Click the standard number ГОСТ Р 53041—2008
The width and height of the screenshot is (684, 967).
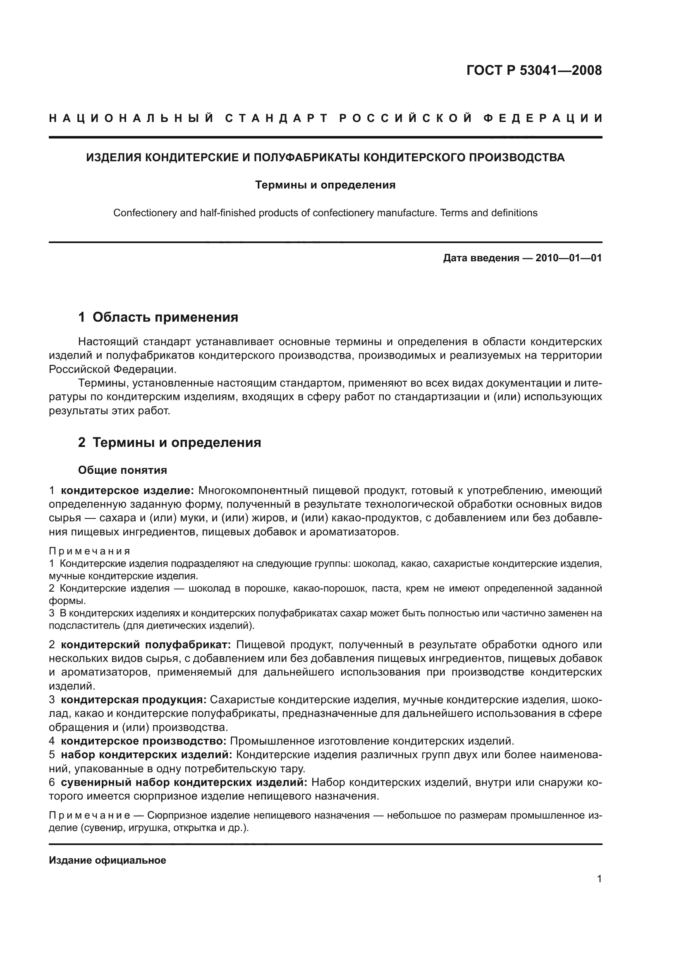(x=534, y=70)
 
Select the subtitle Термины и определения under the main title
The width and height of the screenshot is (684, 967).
(x=325, y=185)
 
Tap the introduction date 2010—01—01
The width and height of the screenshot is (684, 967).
(x=569, y=258)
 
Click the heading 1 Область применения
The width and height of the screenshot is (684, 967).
(x=158, y=317)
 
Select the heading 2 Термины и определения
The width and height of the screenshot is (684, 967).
(x=170, y=443)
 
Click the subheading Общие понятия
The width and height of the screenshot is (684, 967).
(x=122, y=470)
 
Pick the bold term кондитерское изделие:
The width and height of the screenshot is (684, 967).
(x=127, y=491)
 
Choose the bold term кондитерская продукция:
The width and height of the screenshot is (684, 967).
(x=134, y=700)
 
